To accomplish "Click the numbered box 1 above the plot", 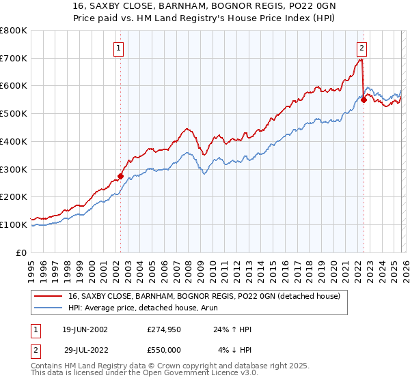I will [x=120, y=48].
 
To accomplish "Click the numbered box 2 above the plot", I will [x=361, y=48].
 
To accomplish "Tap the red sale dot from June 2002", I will [x=121, y=176].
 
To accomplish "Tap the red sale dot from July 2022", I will [x=364, y=100].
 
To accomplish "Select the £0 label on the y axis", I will [x=21, y=252].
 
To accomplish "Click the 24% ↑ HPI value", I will [x=232, y=329].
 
